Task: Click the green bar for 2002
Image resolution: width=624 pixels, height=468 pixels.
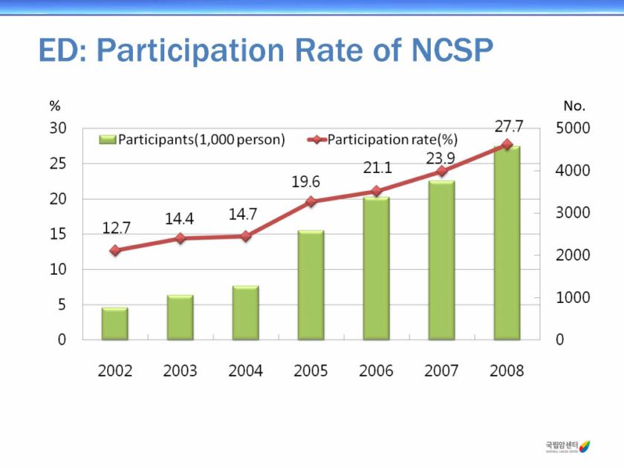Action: point(115,323)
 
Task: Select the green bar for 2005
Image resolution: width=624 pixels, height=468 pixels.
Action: point(311,285)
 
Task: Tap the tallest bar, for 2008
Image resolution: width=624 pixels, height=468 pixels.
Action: point(507,243)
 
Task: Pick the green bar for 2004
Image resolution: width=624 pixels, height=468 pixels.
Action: point(245,313)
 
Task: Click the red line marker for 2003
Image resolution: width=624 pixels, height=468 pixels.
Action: point(180,238)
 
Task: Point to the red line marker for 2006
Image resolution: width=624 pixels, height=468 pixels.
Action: point(376,191)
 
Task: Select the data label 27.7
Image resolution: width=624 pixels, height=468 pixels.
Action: point(510,127)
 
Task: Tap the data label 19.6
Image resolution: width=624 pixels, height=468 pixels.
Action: point(305,182)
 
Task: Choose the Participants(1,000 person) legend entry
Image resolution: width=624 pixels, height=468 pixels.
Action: point(192,140)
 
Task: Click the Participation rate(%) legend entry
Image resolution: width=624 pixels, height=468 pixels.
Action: point(383,140)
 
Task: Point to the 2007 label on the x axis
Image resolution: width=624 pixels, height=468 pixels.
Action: point(441,371)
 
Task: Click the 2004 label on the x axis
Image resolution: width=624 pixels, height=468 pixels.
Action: point(245,371)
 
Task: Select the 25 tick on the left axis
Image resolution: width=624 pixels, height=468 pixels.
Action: point(58,163)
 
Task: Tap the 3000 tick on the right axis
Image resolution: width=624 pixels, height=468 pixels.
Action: point(573,212)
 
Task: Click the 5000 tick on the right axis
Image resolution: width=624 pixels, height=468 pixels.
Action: point(573,128)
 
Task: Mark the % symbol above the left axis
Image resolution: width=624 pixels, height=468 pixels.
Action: point(54,106)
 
